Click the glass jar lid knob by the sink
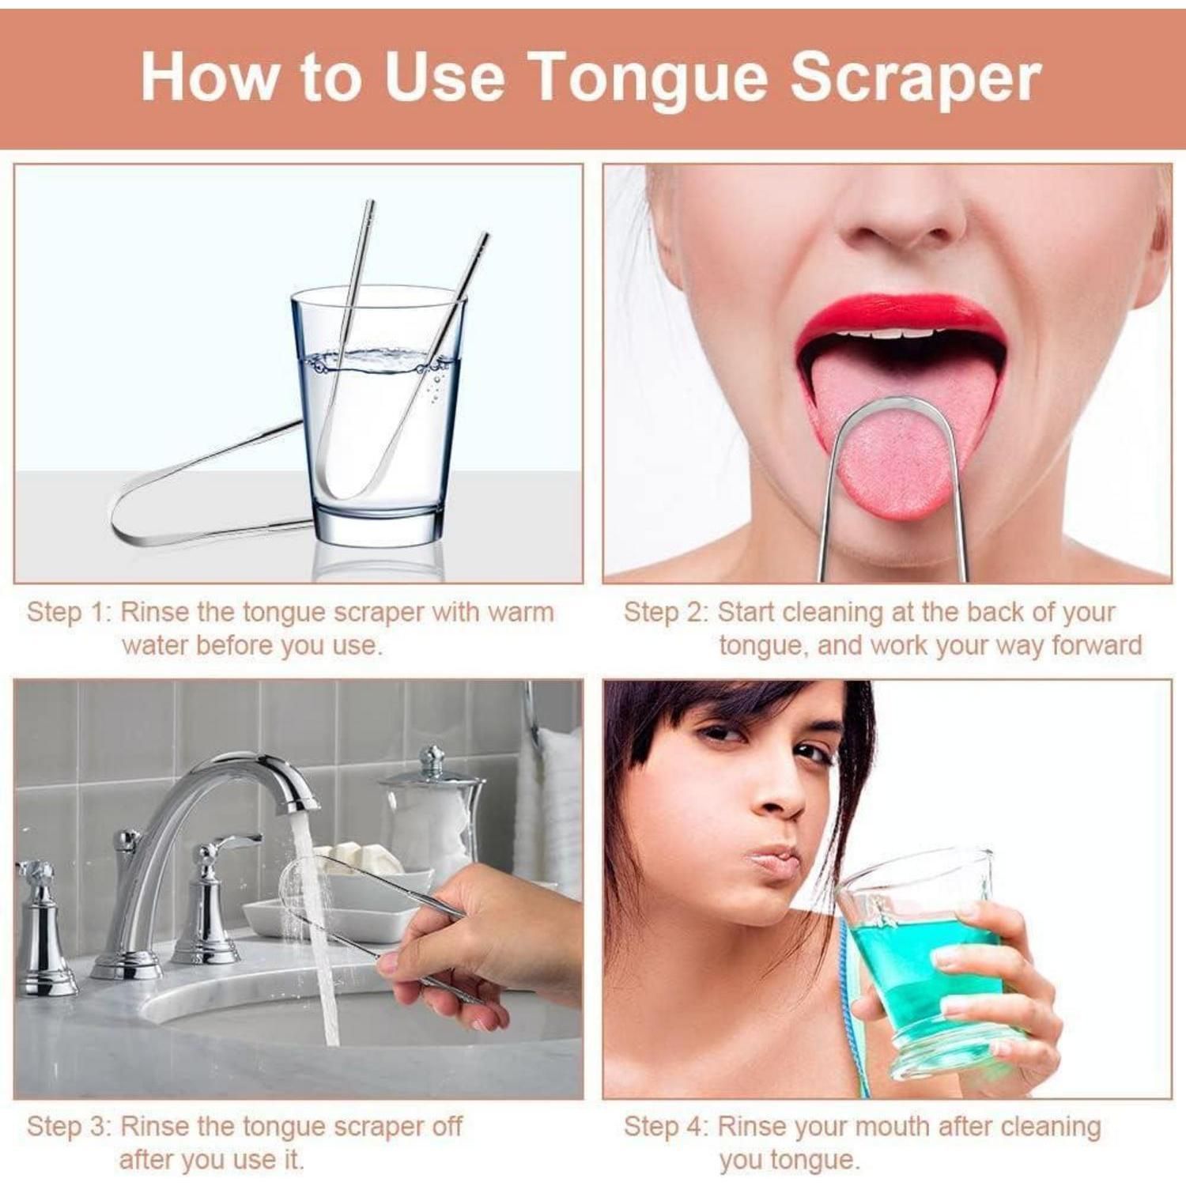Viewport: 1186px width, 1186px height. click(431, 761)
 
